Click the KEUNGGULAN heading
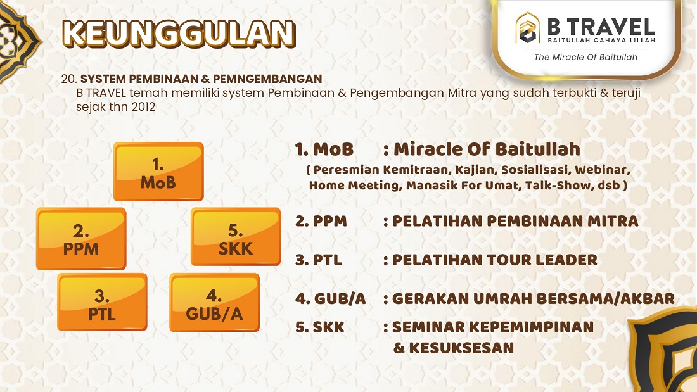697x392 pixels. pyautogui.click(x=179, y=34)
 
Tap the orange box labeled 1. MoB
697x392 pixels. pyautogui.click(x=158, y=172)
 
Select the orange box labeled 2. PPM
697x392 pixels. pyautogui.click(x=81, y=239)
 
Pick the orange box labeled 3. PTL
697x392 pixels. pyautogui.click(x=102, y=302)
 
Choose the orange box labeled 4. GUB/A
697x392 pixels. pyautogui.click(x=214, y=302)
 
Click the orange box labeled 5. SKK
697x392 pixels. pyautogui.click(x=236, y=237)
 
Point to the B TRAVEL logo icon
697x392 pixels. pyautogui.click(x=528, y=28)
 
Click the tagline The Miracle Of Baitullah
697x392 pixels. pyautogui.click(x=585, y=57)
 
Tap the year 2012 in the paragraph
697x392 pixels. pyautogui.click(x=143, y=107)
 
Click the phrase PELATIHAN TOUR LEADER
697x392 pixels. pyautogui.click(x=494, y=260)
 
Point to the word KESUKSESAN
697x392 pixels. pyautogui.click(x=461, y=348)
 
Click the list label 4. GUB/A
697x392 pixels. pyautogui.click(x=330, y=299)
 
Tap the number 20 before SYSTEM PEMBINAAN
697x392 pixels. pyautogui.click(x=69, y=79)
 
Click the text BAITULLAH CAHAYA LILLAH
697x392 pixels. pyautogui.click(x=601, y=41)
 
